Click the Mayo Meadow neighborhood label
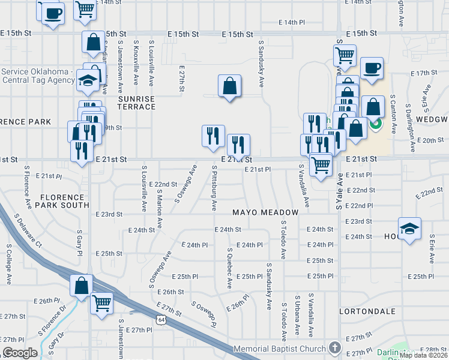coord(266,213)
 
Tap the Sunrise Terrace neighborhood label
coord(136,103)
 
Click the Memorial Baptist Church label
coord(280,349)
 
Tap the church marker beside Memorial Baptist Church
coord(334,349)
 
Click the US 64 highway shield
coord(161,320)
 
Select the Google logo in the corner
coord(20,353)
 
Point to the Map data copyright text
coord(423,355)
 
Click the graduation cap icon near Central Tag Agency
coord(88,82)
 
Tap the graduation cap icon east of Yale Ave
coord(410,229)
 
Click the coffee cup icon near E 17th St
coord(372,67)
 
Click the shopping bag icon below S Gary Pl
coord(82,286)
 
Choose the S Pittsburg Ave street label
coord(214,188)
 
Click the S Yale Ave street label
coord(340,191)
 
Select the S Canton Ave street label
coord(393,113)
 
